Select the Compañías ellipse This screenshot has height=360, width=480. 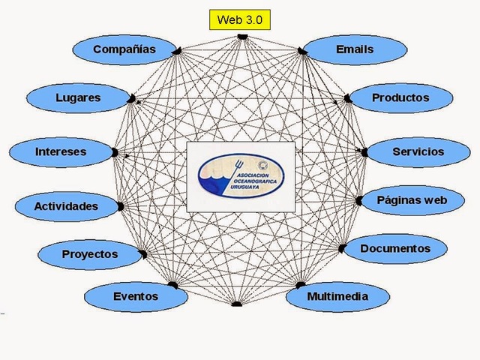pos(124,49)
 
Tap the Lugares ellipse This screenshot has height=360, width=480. pos(78,97)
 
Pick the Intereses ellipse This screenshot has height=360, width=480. pos(61,151)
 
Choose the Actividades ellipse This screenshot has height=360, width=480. pos(66,205)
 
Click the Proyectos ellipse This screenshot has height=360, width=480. pos(90,254)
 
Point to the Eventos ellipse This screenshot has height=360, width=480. pos(136,296)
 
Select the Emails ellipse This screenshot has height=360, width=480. pos(355,50)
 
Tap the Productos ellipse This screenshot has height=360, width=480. pos(401,97)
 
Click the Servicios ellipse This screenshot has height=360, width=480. pos(418,151)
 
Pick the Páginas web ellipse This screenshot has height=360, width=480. pos(412,200)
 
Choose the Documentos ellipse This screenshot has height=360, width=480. pos(395,248)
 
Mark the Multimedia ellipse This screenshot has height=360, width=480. pos(337,296)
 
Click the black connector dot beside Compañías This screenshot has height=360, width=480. pos(179,50)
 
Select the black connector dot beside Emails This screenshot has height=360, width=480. pos(301,50)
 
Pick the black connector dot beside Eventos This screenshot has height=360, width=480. pos(173,285)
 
